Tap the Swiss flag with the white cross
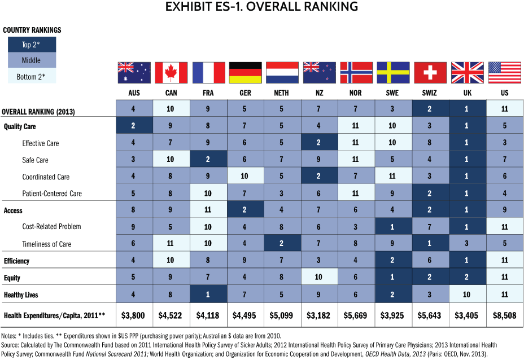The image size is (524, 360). coord(430,73)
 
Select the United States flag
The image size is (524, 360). coord(504,73)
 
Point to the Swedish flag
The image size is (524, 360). coord(393,73)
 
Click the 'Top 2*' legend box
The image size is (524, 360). coord(32,45)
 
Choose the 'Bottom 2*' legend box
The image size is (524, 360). coord(32,76)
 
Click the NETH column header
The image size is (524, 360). coord(282,93)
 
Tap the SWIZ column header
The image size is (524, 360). coord(430,93)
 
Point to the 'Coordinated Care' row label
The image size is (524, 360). coord(46,177)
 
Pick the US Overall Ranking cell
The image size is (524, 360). coord(504,108)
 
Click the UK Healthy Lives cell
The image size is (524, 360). coord(467,295)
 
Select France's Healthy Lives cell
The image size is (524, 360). coord(208,295)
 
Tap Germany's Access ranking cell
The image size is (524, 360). coord(245,210)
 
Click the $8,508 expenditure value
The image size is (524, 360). coord(504,315)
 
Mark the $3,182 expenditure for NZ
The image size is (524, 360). coord(319,315)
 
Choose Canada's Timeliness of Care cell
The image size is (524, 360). coord(171,244)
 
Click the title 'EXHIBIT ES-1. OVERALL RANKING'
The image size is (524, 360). coord(262,7)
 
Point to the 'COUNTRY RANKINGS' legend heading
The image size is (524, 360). coord(32,30)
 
